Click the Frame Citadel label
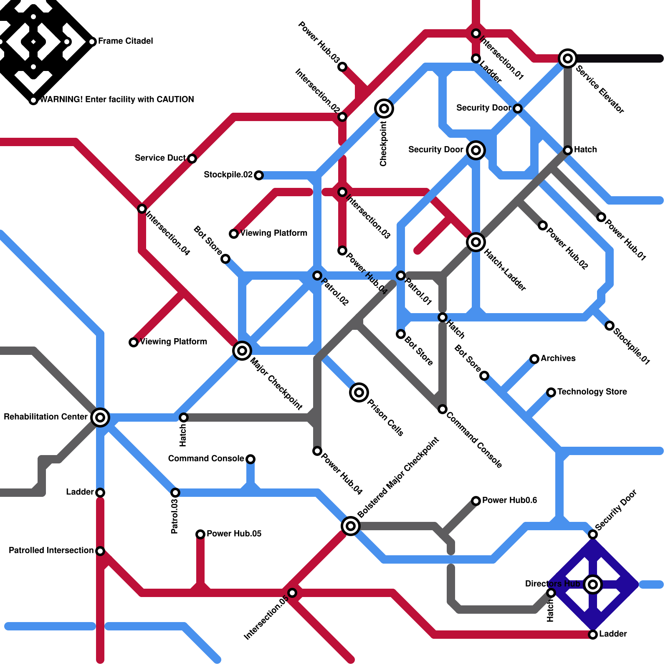(125, 41)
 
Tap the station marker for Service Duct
(192, 158)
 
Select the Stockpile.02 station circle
(259, 175)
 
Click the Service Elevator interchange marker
(568, 58)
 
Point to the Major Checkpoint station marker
(242, 350)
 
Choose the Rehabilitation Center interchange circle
(100, 417)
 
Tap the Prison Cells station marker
(359, 392)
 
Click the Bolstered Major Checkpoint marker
(351, 526)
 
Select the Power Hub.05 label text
(234, 534)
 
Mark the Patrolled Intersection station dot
(100, 551)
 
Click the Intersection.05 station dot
(292, 593)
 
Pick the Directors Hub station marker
(593, 584)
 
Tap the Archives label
(558, 358)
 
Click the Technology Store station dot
(551, 392)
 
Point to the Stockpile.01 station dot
(610, 326)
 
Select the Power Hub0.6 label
(509, 500)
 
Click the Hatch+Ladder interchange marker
(476, 242)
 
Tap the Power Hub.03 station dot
(342, 67)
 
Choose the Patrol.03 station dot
(175, 493)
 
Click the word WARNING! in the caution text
(61, 99)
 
